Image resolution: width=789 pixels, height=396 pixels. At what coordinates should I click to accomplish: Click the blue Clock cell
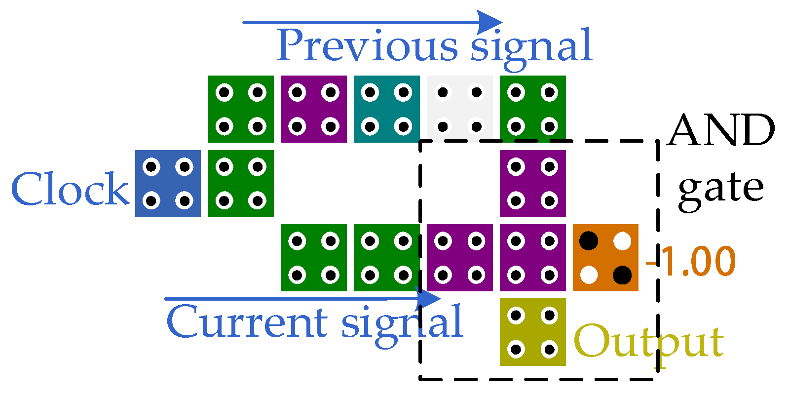(168, 184)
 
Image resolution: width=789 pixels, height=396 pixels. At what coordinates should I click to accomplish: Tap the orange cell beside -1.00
(605, 257)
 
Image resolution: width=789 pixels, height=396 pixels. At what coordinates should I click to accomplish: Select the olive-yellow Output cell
(532, 332)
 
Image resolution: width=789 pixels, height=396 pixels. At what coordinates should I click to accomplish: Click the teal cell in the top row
(386, 109)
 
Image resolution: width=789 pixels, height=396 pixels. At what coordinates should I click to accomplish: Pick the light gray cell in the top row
(459, 109)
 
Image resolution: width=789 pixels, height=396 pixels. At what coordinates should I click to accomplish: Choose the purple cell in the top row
(313, 109)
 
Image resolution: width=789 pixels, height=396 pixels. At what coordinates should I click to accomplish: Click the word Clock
(70, 190)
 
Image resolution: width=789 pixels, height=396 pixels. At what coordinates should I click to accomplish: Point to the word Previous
(367, 45)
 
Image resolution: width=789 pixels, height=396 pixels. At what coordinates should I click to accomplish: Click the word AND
(721, 130)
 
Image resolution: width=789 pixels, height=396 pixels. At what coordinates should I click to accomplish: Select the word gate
(721, 190)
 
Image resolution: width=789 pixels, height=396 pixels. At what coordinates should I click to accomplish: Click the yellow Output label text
(649, 342)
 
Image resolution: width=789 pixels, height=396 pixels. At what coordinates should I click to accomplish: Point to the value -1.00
(691, 261)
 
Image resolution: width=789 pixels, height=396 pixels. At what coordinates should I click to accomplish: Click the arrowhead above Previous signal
(490, 22)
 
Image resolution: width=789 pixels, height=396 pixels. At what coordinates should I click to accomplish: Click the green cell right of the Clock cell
(240, 184)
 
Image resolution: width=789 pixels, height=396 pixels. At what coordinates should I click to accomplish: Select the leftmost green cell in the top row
(240, 109)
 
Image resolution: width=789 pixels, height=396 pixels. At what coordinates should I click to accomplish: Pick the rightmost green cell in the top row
(532, 109)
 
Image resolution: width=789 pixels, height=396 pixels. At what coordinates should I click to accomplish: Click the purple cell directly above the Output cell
(532, 257)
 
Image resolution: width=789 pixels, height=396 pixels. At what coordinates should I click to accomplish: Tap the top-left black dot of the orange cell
(589, 241)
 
